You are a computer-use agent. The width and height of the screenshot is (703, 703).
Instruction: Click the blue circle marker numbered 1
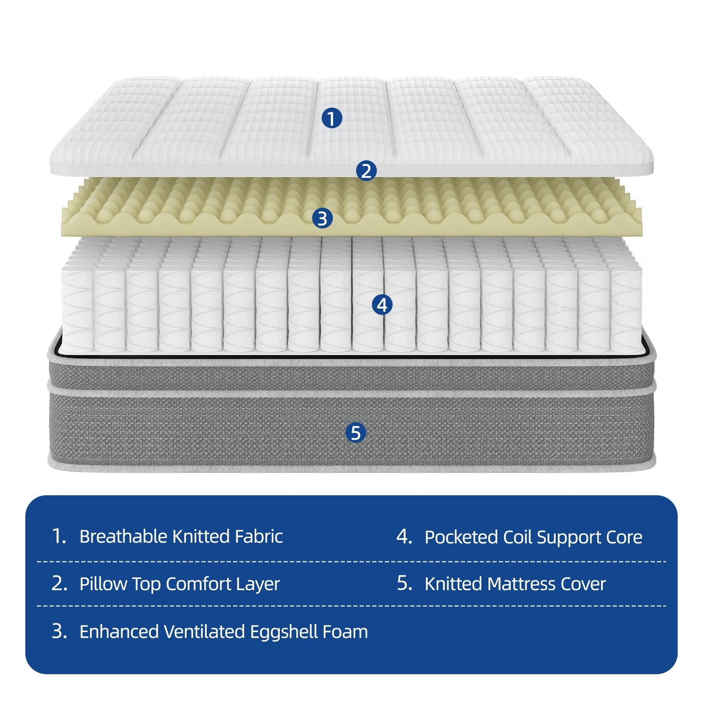coord(332,119)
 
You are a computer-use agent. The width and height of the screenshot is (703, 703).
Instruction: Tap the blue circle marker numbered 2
coord(366,171)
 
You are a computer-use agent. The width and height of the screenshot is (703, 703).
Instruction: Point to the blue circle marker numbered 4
coord(382,306)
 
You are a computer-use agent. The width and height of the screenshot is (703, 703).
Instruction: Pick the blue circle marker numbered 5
coord(356,433)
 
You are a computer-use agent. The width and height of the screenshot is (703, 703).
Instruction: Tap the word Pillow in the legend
coord(103,584)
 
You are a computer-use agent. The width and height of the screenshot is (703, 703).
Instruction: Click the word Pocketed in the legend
coord(461,538)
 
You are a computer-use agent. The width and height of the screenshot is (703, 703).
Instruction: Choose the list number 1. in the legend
coord(59,537)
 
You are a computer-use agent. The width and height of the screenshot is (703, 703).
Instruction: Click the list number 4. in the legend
coord(404,537)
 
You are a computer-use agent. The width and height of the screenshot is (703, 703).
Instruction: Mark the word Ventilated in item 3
coord(204,631)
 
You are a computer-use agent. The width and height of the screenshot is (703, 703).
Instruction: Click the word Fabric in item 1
coord(258,537)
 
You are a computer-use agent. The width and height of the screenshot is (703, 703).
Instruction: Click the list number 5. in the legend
coord(404,583)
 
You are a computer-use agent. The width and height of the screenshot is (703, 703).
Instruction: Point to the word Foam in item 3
coord(344,631)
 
